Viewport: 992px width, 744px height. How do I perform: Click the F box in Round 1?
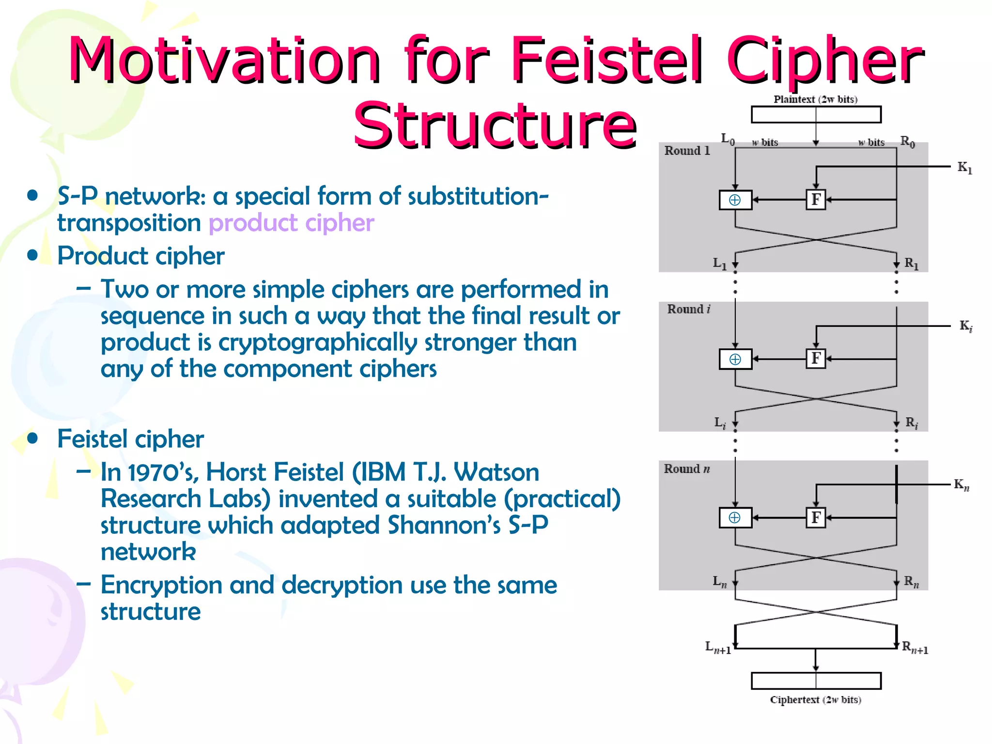pos(816,200)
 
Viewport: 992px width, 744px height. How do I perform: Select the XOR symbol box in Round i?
pos(735,359)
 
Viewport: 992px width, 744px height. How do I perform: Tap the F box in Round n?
pos(816,517)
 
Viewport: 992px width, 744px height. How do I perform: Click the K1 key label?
pos(964,168)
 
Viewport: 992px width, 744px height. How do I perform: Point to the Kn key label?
pos(961,484)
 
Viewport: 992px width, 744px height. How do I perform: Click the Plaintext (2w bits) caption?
pos(815,99)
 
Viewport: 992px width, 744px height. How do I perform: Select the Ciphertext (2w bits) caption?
pos(815,699)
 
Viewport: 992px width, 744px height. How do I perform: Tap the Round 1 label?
pos(687,151)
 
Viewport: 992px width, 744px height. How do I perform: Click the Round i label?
pos(688,309)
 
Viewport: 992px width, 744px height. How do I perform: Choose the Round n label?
pos(686,468)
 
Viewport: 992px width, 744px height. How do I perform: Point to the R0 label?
pos(907,141)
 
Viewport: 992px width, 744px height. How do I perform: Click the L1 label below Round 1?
pos(720,263)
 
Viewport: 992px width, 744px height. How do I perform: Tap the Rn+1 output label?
pos(915,647)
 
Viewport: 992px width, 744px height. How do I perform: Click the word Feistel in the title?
pos(605,61)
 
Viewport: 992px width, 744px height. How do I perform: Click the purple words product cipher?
pos(291,223)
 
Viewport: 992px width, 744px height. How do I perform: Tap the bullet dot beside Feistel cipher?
pos(32,438)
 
